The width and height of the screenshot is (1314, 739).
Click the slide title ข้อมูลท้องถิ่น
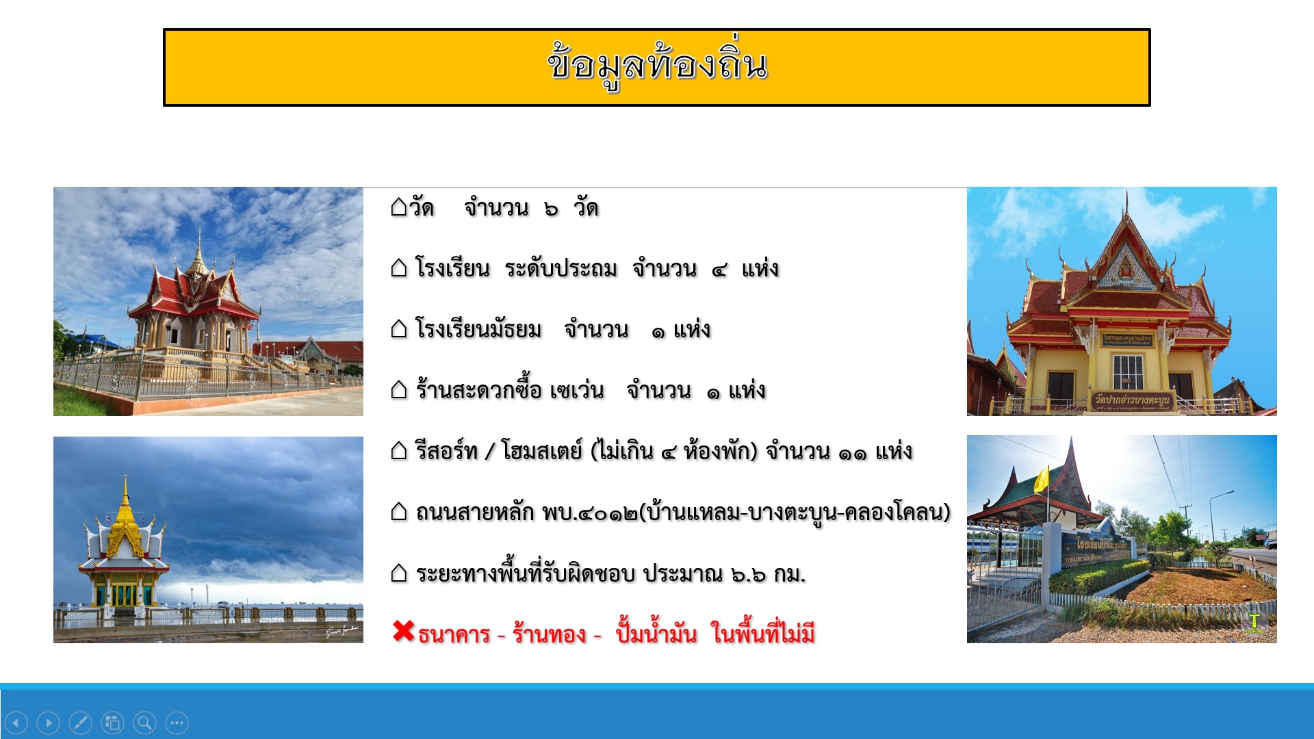pyautogui.click(x=657, y=65)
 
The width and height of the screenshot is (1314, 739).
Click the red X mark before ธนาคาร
pyautogui.click(x=404, y=631)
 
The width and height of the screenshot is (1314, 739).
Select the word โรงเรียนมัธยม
pyautogui.click(x=478, y=329)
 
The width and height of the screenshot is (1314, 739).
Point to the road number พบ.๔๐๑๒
pyautogui.click(x=589, y=512)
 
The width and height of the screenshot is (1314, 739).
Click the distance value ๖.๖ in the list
pyautogui.click(x=748, y=574)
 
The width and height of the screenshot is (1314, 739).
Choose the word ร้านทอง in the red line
pyautogui.click(x=549, y=634)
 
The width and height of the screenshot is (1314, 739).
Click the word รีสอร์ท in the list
pyautogui.click(x=446, y=451)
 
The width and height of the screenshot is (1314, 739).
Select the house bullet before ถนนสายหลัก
pyautogui.click(x=399, y=511)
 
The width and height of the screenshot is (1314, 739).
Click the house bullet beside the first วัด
pyautogui.click(x=399, y=207)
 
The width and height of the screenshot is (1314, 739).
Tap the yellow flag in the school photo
pyautogui.click(x=1042, y=480)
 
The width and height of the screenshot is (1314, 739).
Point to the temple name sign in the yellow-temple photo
pyautogui.click(x=1131, y=400)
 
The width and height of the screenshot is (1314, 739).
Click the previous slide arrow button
pyautogui.click(x=16, y=723)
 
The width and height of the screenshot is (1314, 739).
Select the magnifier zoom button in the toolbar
pyautogui.click(x=144, y=723)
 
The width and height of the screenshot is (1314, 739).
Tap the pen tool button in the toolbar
pyautogui.click(x=80, y=723)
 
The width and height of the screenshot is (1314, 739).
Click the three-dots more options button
pyautogui.click(x=177, y=723)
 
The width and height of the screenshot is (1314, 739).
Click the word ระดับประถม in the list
pyautogui.click(x=561, y=268)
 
